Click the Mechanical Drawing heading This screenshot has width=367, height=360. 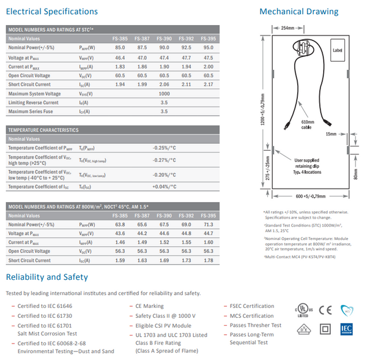[x=298, y=12]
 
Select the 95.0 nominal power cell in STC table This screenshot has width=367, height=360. [x=208, y=47]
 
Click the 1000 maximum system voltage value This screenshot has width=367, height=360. [x=164, y=94]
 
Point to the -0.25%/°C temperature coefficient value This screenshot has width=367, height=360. [x=164, y=148]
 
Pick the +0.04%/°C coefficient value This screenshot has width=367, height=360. [x=164, y=187]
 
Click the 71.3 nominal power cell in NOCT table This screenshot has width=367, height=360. [x=208, y=225]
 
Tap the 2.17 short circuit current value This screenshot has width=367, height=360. [x=208, y=84]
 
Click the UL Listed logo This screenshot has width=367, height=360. [x=302, y=309]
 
